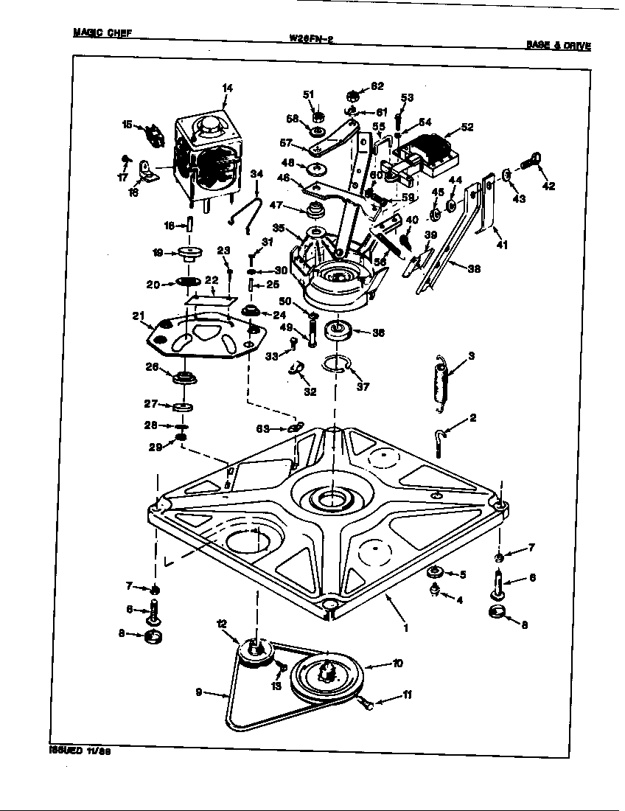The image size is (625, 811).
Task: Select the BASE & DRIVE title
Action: pyautogui.click(x=558, y=45)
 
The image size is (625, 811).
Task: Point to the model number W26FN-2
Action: pyautogui.click(x=312, y=40)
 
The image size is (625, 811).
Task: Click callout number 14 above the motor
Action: pyautogui.click(x=226, y=88)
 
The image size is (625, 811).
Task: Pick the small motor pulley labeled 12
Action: pyautogui.click(x=253, y=652)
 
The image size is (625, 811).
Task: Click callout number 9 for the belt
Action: pyautogui.click(x=198, y=692)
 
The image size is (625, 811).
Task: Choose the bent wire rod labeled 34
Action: pyautogui.click(x=245, y=205)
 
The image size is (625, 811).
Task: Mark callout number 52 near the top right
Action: pyautogui.click(x=466, y=127)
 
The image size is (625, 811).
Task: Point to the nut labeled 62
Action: pyautogui.click(x=353, y=95)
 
